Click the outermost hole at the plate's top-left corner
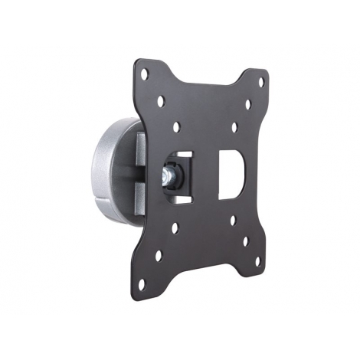point(144,74)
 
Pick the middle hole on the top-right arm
point(247,104)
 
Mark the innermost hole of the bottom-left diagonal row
point(177,227)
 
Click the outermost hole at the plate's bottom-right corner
point(257,260)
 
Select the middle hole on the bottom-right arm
point(246,241)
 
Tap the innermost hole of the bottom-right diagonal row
point(233,221)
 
